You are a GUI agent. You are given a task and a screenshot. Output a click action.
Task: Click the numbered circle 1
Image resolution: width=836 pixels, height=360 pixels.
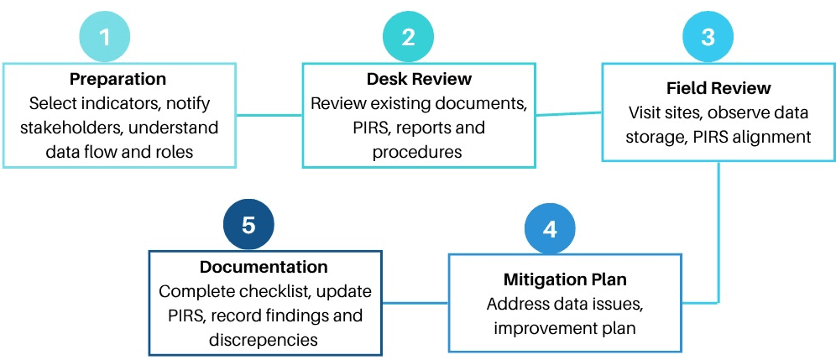(x=106, y=37)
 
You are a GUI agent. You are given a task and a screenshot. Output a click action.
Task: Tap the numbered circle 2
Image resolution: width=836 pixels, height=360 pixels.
(x=409, y=37)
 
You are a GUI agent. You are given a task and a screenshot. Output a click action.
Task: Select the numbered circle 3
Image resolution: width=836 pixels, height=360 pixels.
(x=707, y=37)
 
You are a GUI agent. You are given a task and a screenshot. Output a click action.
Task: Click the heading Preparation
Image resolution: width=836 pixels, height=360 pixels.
(x=118, y=80)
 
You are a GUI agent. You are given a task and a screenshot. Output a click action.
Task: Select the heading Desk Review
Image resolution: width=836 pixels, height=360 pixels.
(x=419, y=80)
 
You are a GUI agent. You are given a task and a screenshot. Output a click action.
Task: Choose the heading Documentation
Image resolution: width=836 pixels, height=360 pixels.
(x=264, y=268)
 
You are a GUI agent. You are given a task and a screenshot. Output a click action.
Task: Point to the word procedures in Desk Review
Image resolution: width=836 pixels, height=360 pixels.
(x=419, y=153)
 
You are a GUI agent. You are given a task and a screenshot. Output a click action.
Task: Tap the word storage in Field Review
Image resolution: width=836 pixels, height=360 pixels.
(x=656, y=136)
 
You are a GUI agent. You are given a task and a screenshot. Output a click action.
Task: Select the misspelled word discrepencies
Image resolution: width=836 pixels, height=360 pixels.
(x=264, y=340)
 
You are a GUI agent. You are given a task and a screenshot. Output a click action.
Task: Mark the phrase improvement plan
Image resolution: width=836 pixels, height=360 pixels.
(x=564, y=327)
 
